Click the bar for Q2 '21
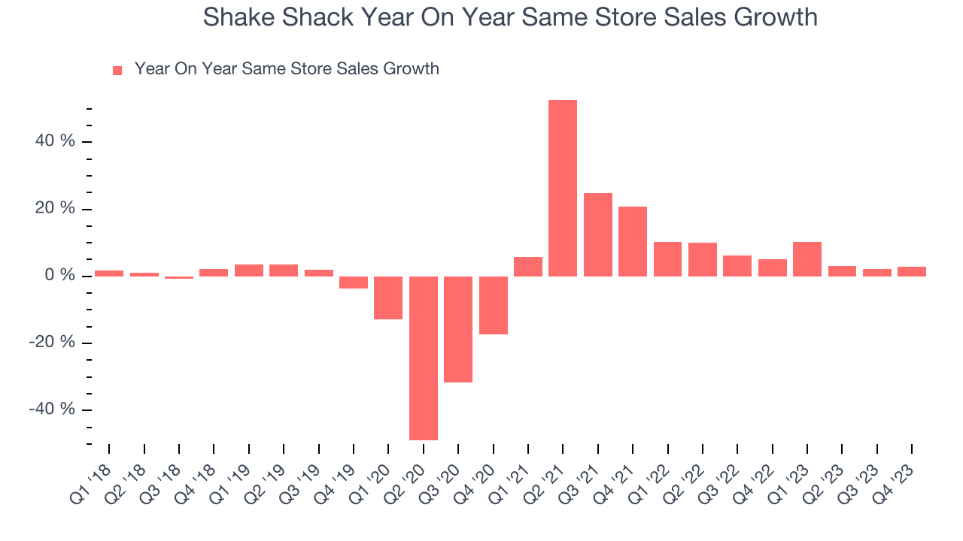[563, 188]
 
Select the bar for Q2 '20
[424, 358]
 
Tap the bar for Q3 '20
[458, 329]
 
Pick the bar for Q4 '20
[494, 305]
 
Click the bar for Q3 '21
[598, 234]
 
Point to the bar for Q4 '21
[633, 241]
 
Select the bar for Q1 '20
[388, 298]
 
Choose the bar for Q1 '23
[807, 259]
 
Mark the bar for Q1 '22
[667, 259]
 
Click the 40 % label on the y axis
[56, 141]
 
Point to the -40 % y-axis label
[53, 410]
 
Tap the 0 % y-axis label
[60, 276]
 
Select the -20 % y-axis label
[53, 343]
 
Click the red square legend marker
[117, 70]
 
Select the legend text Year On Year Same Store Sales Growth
[287, 69]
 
